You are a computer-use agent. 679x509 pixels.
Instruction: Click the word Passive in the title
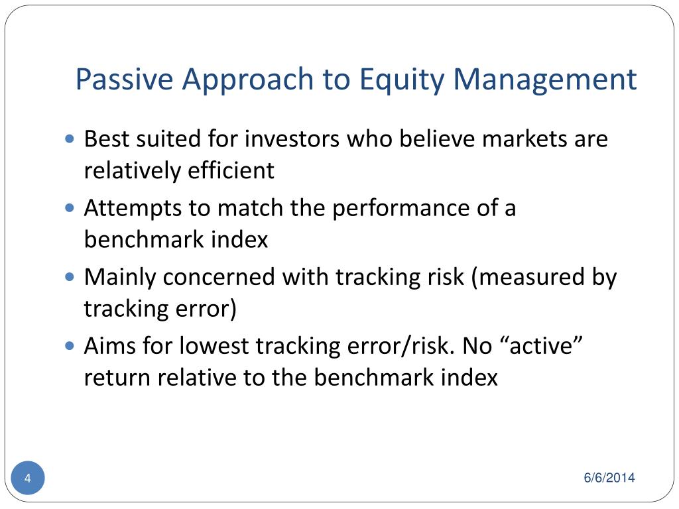124,80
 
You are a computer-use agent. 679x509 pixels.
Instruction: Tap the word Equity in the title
402,82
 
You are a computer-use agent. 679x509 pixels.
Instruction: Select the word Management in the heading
545,82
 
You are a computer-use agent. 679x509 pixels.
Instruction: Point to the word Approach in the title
248,82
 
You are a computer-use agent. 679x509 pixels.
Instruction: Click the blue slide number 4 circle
28,478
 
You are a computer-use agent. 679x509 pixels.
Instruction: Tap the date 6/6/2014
609,477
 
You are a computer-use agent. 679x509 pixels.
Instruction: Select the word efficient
231,170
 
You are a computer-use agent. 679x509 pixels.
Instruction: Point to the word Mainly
120,278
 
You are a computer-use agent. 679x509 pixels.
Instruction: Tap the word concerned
219,278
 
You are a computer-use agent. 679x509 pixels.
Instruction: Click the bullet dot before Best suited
69,139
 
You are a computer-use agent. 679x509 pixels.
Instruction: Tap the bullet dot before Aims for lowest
69,346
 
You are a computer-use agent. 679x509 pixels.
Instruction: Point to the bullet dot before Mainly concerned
69,277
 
